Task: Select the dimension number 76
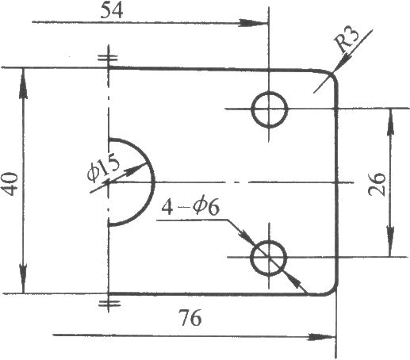coord(190,318)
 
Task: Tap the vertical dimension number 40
coord(11,184)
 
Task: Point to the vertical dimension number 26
coord(377,184)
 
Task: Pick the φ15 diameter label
coord(103,170)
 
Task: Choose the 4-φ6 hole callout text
coord(190,207)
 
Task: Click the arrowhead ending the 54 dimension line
coord(253,23)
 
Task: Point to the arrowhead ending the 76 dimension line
coord(322,337)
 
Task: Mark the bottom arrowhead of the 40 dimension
coord(24,278)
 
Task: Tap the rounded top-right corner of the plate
coord(332,75)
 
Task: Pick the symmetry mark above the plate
coord(108,57)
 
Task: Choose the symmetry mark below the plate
coord(109,303)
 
